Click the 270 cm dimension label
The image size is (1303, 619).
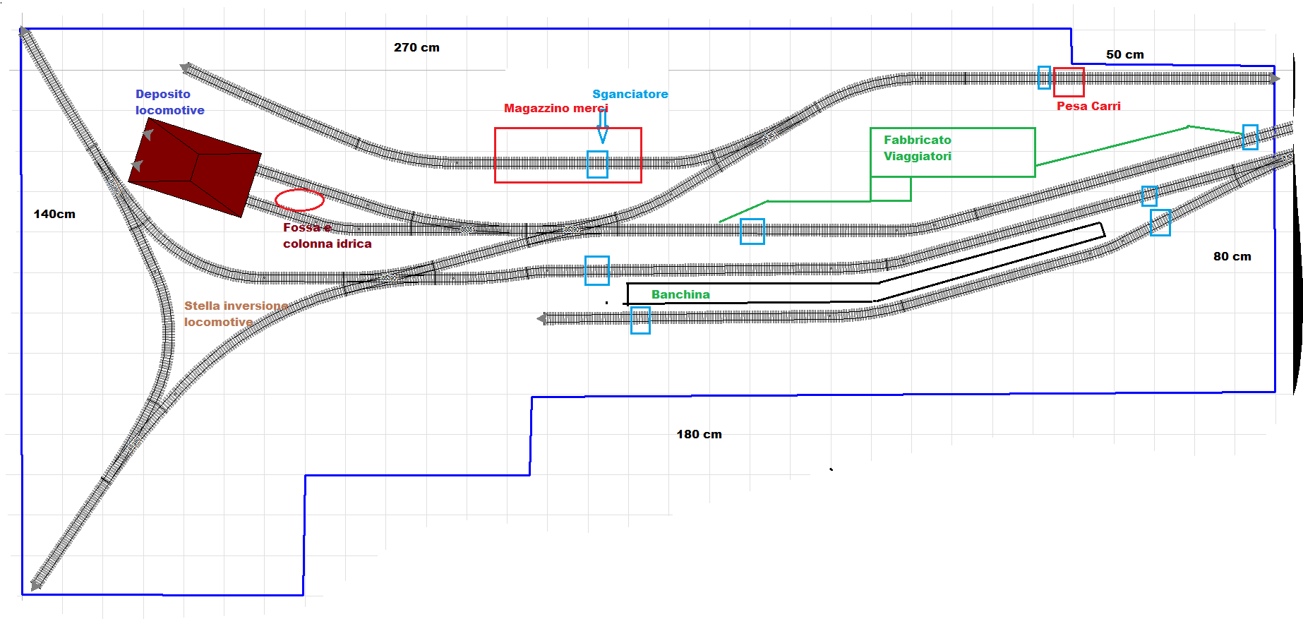[416, 48]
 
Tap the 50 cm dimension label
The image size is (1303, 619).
[1124, 55]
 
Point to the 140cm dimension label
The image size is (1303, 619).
[54, 215]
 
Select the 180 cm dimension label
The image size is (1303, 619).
[699, 435]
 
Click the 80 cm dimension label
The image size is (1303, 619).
[1232, 257]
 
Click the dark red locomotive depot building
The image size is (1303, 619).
[196, 167]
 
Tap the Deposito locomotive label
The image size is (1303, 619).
[169, 102]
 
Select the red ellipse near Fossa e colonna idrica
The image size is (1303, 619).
[299, 200]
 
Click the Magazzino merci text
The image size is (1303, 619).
[556, 109]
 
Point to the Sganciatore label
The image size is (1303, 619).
[630, 95]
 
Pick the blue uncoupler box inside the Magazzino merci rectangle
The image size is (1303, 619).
[597, 164]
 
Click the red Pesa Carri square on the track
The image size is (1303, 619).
[1069, 82]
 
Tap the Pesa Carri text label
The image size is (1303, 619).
[1088, 107]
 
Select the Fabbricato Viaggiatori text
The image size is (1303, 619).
[917, 148]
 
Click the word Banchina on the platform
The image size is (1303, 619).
[680, 295]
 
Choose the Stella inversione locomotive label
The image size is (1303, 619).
[236, 314]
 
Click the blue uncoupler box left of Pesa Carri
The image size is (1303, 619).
[1044, 78]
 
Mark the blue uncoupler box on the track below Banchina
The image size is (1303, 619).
[640, 320]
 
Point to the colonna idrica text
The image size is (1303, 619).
[327, 244]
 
